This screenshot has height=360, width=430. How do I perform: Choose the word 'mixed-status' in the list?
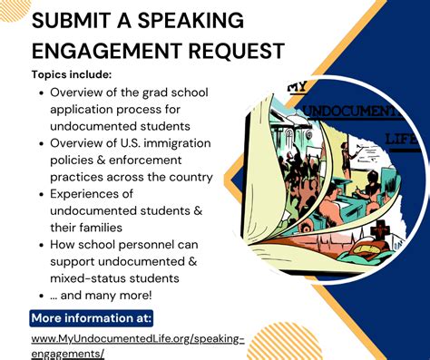[x=92, y=278]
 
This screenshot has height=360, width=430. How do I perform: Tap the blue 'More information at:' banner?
[x=92, y=318]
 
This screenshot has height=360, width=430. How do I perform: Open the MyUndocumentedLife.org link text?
[x=137, y=339]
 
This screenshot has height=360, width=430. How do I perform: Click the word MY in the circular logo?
[x=295, y=88]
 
